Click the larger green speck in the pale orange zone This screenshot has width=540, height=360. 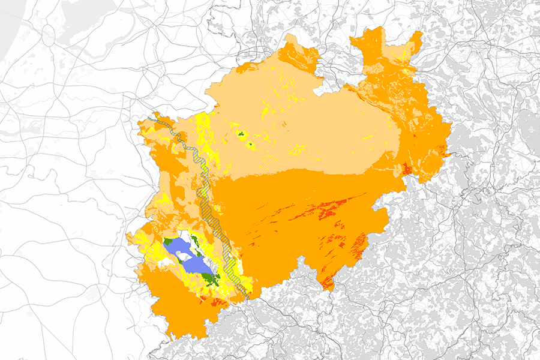pos(241,135)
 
